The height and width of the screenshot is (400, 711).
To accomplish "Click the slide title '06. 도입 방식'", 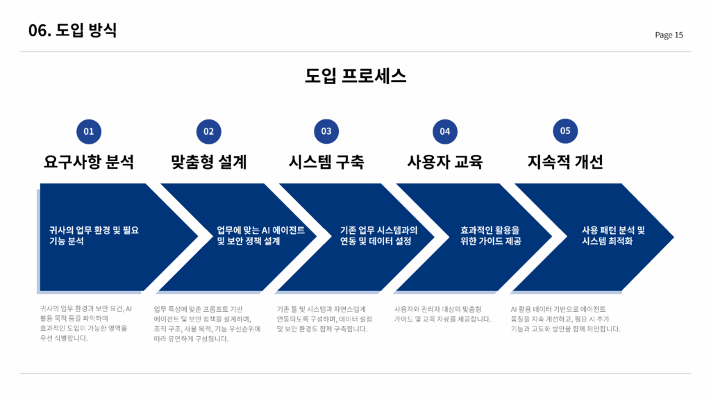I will point(72,30).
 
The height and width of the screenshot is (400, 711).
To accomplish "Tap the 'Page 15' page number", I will point(669,35).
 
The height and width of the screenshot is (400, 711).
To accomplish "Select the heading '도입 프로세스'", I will point(355,76).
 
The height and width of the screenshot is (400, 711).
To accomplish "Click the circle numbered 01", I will point(89,131).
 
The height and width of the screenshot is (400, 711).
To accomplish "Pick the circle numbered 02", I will point(208,131).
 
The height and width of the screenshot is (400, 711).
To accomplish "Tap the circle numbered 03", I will point(326,131).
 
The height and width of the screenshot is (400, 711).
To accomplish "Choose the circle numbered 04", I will point(445,131).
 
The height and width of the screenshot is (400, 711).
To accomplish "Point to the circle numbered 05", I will point(565,131).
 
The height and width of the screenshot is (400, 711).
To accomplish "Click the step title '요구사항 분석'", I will point(89,162).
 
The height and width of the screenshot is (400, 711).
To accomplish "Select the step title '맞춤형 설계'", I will point(208,162).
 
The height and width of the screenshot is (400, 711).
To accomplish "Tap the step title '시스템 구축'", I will point(326,162).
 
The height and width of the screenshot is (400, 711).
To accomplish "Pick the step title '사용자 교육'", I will point(445,162).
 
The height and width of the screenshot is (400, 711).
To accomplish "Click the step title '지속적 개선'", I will point(565,162).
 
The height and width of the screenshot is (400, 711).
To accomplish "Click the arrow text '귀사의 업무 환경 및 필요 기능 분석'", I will point(94,235).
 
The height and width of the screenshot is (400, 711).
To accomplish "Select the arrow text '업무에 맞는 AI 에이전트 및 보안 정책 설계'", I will point(260,235).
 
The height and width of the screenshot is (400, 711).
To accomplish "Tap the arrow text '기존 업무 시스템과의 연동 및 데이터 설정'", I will point(378,235).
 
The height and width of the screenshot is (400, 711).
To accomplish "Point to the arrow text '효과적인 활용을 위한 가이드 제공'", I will point(491,235).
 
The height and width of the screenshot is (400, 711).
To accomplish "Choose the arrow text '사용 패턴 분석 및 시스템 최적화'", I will point(613,235).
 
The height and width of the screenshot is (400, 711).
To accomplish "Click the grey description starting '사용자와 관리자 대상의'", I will point(442,314).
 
